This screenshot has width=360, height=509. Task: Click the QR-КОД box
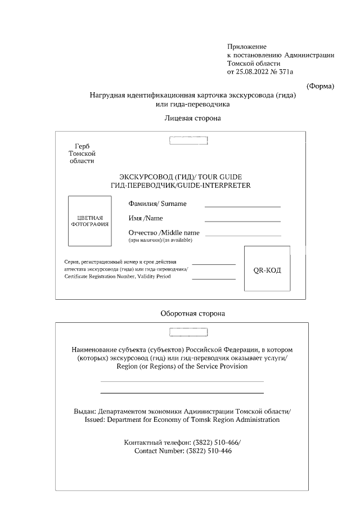coord(267,269)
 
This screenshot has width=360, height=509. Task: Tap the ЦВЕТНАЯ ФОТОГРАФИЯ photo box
coord(90,220)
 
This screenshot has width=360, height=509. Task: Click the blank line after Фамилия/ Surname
coord(242,207)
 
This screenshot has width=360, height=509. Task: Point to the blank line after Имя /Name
coord(242,221)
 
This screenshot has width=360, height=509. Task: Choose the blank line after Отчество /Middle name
coord(243,235)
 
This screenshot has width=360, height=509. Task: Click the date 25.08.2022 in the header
coord(254,72)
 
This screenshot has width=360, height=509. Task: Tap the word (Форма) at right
coord(320,85)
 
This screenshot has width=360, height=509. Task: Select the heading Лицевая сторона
coord(192,119)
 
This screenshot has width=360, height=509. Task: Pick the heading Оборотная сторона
coord(193,313)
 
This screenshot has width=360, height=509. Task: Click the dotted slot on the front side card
coord(188,140)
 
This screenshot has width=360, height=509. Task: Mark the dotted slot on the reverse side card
coord(192,331)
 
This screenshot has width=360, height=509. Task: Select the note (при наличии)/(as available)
coord(160,240)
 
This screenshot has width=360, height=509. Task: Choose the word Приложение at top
coord(247,46)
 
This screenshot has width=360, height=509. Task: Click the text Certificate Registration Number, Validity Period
coord(118,277)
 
